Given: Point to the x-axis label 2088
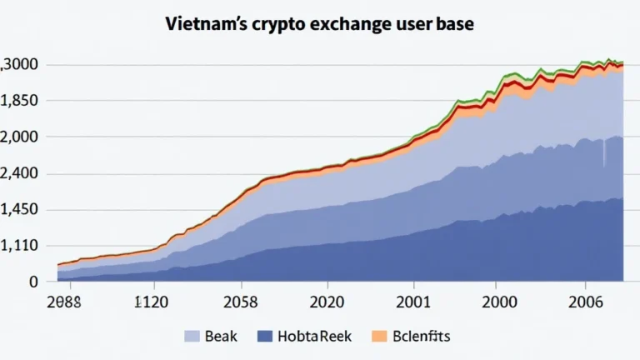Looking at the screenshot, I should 63,303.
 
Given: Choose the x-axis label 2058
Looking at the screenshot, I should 240,303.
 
